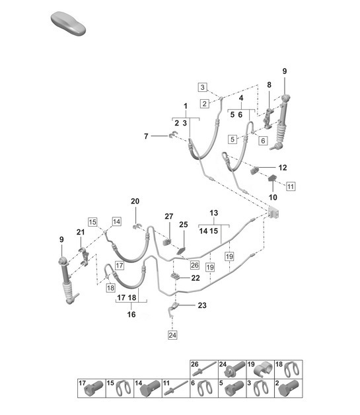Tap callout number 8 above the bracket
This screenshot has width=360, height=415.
coord(269,85)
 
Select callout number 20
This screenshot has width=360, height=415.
coord(135,202)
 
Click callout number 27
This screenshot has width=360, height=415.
coord(168,217)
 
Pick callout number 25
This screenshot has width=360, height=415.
coord(184,225)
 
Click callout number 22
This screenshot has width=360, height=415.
coord(196,278)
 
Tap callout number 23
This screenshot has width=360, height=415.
coord(201,305)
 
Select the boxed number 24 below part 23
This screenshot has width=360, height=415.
coord(172,335)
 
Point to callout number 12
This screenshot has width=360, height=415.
coord(282,167)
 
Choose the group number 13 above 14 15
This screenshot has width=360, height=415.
coord(213,213)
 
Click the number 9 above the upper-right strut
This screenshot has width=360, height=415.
coord(285,71)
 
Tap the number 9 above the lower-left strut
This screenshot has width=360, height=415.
coord(63,239)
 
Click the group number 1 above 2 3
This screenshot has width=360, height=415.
coord(186,106)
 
